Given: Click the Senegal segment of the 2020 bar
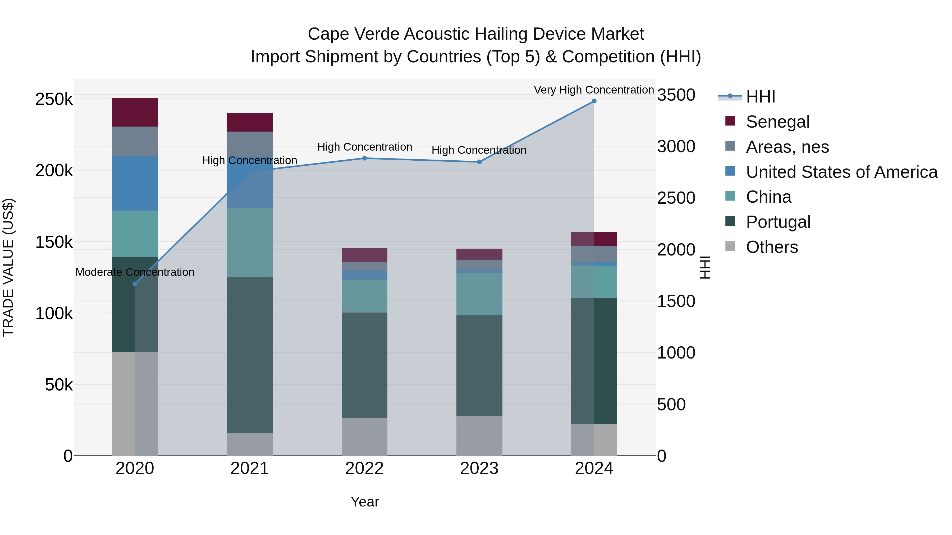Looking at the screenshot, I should (x=135, y=112).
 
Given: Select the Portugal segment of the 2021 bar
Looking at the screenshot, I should (x=249, y=355).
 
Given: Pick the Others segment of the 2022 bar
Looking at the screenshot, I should (x=364, y=436).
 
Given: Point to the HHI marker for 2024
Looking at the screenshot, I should (x=594, y=101).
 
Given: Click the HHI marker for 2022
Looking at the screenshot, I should (x=364, y=159).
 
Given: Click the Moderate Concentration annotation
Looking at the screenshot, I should (x=135, y=272).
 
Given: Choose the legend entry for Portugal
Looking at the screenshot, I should (x=778, y=222).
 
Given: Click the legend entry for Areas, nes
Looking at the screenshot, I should (x=787, y=147).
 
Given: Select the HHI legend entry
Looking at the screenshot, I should (x=760, y=97).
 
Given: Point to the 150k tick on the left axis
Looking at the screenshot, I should (x=54, y=242).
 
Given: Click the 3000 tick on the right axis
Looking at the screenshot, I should (x=676, y=147).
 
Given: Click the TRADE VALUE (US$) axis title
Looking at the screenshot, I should (x=8, y=267).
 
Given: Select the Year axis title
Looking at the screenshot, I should (x=364, y=502).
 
